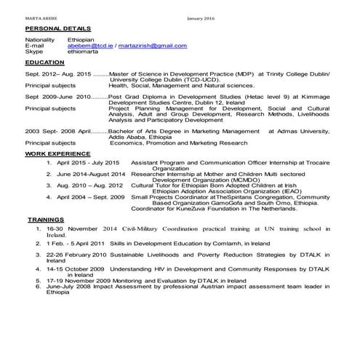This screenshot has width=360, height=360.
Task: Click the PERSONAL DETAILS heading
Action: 47,27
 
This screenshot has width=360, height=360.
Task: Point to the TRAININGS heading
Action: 48,217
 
